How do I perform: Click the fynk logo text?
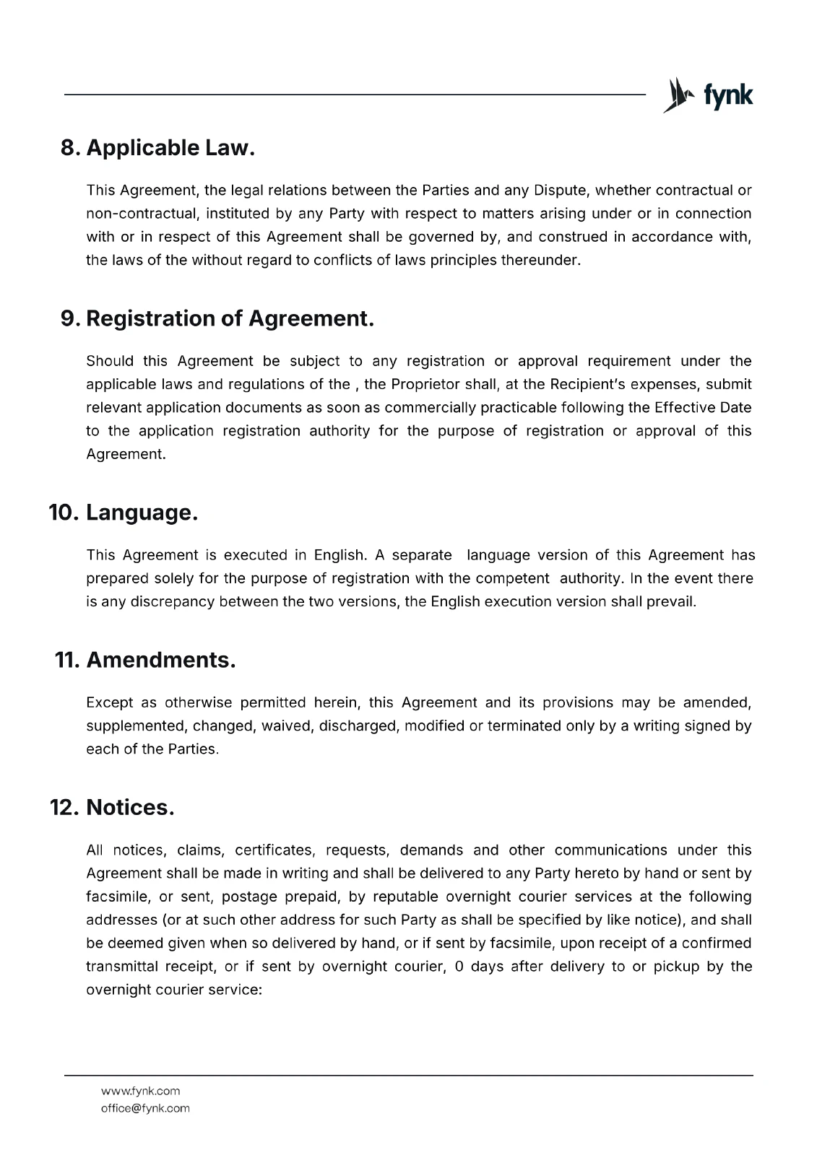click(727, 96)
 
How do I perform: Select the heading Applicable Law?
click(170, 148)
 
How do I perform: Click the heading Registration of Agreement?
click(230, 318)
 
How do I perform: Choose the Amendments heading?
click(160, 660)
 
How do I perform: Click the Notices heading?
click(130, 807)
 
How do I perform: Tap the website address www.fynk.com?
click(141, 1091)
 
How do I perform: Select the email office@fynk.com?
click(145, 1108)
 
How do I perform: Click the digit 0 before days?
click(459, 966)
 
